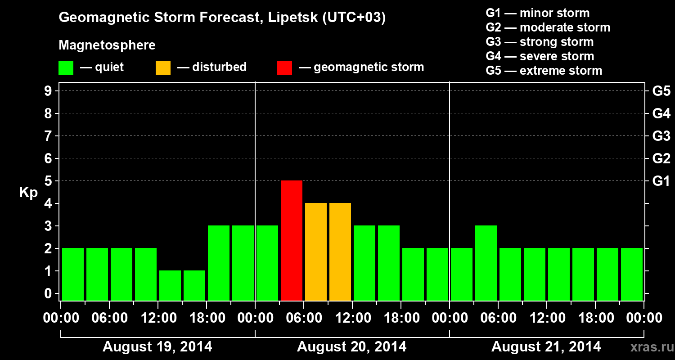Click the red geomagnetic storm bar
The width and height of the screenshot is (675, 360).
(x=292, y=240)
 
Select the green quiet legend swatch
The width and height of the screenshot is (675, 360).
(x=66, y=68)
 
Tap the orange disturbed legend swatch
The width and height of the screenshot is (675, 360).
(x=163, y=68)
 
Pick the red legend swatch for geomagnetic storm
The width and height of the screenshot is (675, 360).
(x=284, y=68)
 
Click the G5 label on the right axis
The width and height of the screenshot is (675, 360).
(x=661, y=91)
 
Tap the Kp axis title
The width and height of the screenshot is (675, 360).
(x=28, y=193)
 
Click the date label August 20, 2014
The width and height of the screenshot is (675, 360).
(x=351, y=347)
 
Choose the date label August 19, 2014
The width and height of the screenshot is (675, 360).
(x=157, y=347)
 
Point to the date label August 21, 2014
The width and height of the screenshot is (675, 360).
(x=546, y=347)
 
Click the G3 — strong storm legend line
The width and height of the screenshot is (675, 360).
(x=540, y=42)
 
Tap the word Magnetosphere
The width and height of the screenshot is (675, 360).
(x=107, y=45)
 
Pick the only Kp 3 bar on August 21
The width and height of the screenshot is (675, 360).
(x=486, y=263)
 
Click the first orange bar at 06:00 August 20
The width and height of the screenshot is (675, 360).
(x=316, y=252)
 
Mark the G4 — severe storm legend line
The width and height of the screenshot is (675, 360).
(x=540, y=56)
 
